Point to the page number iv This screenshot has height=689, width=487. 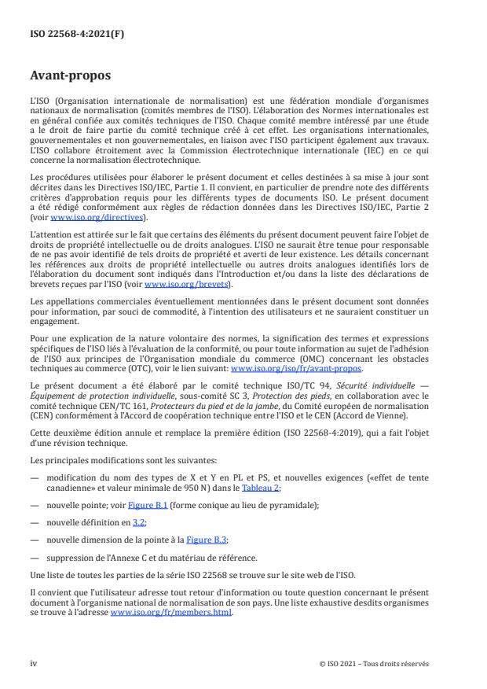[x=34, y=664]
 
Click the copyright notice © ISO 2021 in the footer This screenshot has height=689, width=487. [x=374, y=664]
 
